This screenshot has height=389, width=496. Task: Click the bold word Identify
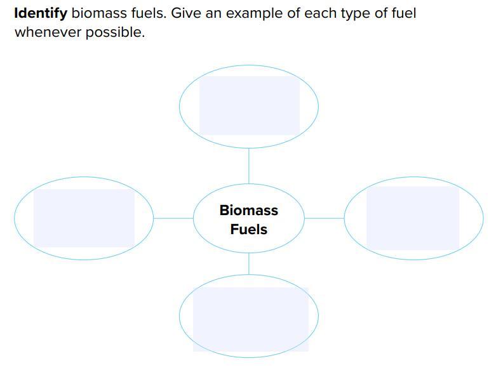coord(40,13)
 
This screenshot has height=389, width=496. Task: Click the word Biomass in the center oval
coord(248,210)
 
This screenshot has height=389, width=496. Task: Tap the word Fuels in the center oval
coord(248,229)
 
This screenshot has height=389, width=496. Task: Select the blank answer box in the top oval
coord(249,105)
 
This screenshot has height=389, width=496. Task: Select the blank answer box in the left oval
coord(84,218)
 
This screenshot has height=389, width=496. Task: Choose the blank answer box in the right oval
coord(413,218)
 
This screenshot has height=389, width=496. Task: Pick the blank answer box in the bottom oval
coord(250,319)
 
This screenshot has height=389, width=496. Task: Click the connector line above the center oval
coord(248,166)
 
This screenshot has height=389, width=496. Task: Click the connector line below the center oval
coord(248,263)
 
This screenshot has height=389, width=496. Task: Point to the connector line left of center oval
coord(173,218)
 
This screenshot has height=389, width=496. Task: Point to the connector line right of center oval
coord(324,218)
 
